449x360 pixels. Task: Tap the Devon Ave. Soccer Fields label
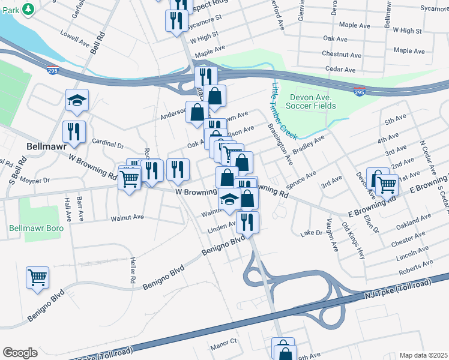coord(312,101)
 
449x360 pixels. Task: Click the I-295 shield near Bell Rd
coord(53,70)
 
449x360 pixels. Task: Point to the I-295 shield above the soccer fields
coord(360,92)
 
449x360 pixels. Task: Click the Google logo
coord(20,353)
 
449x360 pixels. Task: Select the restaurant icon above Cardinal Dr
coord(74,131)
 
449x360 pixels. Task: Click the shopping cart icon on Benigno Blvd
coord(37,278)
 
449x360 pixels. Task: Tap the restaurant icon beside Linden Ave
coord(247,221)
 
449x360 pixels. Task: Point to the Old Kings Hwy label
coord(354,241)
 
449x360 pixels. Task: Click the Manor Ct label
coord(224,340)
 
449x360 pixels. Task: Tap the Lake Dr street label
coord(312,232)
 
